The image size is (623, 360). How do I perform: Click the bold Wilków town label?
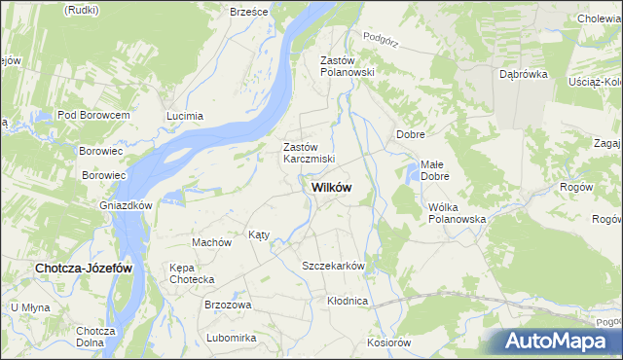(331, 187)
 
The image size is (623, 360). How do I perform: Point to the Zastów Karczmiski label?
(309, 153)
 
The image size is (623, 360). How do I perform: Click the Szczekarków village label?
(333, 266)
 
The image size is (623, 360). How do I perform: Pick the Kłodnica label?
(348, 301)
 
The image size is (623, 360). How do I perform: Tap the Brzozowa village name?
(228, 305)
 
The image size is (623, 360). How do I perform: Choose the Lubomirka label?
(231, 338)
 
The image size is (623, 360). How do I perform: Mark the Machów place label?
(210, 242)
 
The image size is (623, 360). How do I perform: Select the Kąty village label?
(259, 234)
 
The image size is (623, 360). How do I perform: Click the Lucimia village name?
(185, 116)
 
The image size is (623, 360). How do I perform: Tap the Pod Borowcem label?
(93, 115)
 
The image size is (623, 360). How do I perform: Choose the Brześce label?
(248, 11)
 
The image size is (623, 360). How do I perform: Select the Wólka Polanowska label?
(457, 213)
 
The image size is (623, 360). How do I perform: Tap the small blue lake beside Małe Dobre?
(413, 175)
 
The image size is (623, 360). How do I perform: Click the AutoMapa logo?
(553, 341)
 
